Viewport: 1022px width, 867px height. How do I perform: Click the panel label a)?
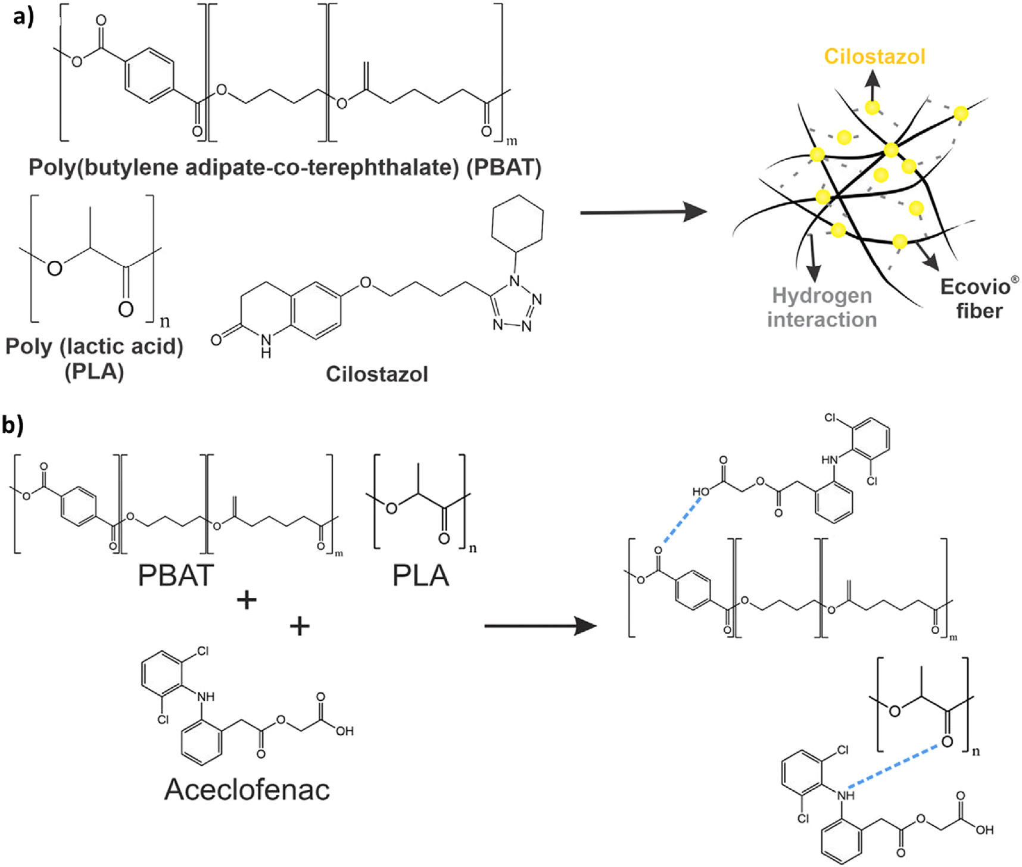coord(23,17)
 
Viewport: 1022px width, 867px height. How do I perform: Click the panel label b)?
coord(13,425)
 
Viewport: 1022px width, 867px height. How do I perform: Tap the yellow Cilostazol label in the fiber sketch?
coord(874,57)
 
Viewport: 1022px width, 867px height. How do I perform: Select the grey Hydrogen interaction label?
coord(822,307)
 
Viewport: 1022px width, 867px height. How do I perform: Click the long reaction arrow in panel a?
coord(643,212)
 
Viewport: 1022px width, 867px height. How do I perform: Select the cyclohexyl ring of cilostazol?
coord(517,219)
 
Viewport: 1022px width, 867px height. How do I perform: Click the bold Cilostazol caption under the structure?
coord(376,374)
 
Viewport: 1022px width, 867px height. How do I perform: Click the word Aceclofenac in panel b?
coord(247,789)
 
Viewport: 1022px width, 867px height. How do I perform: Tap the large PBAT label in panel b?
coord(176,575)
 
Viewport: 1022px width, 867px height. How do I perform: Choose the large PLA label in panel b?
coord(420,575)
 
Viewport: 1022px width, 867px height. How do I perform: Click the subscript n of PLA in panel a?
coord(165,322)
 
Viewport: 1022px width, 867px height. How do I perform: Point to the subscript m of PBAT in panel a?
coord(511,141)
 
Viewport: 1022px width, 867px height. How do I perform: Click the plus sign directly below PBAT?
coord(247,600)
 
